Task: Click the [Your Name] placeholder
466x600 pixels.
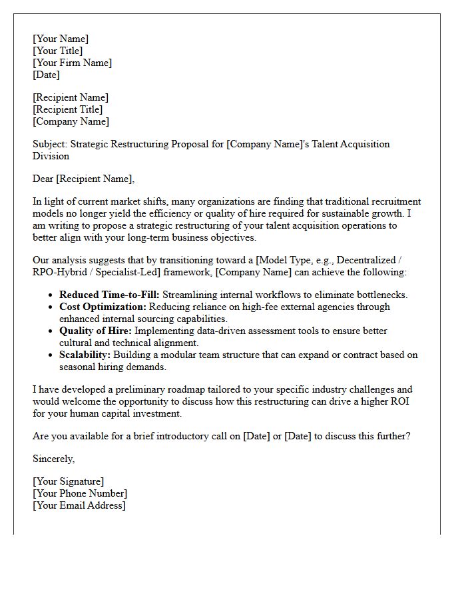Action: (61, 39)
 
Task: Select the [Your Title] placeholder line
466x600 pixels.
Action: (58, 51)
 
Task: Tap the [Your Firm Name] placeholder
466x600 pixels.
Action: (73, 63)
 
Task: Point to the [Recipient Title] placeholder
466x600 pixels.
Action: (68, 109)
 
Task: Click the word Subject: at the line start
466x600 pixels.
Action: (50, 144)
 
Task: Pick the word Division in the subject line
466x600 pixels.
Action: (51, 156)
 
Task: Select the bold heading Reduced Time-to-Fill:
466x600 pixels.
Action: (109, 295)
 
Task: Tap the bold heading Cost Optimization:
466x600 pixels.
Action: (103, 307)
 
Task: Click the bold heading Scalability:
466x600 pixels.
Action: (85, 355)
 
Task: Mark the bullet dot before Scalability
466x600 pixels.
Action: (52, 355)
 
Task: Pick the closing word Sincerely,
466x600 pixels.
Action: (54, 459)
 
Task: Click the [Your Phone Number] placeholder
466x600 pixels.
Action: (80, 493)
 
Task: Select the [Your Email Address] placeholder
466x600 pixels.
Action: (79, 505)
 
